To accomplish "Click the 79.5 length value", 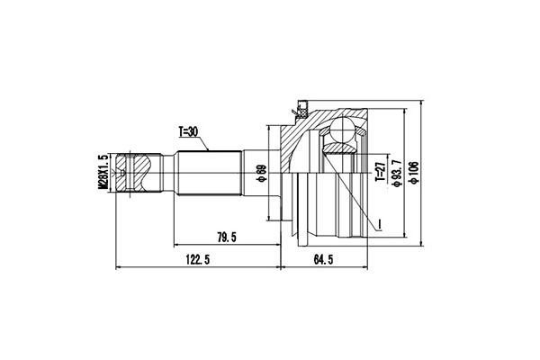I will point(227,238).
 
